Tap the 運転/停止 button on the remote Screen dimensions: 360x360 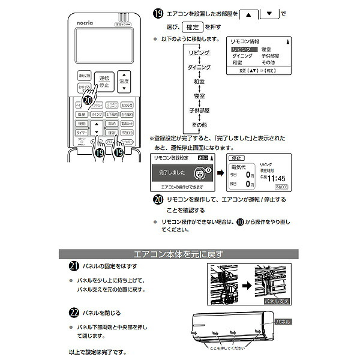click(x=103, y=82)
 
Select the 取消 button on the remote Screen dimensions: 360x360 click(x=112, y=122)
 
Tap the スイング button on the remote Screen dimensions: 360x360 click(x=96, y=114)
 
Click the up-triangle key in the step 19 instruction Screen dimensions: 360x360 click(x=251, y=13)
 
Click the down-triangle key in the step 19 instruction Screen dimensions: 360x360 click(x=271, y=13)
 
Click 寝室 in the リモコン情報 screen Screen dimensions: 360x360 click(x=266, y=49)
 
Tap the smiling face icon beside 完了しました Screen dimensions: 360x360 click(x=198, y=172)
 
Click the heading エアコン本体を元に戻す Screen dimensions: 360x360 click(x=181, y=254)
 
